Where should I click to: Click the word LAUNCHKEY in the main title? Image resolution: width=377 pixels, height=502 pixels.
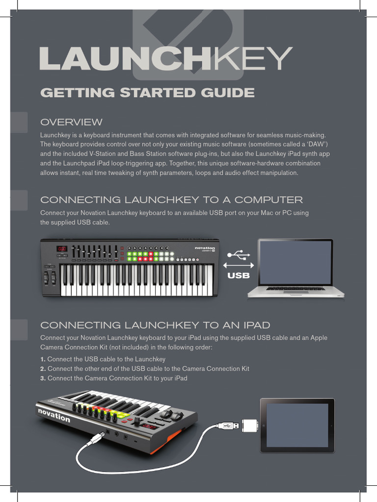coord(166,58)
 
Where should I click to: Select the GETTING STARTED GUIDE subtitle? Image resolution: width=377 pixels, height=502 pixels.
coord(147,93)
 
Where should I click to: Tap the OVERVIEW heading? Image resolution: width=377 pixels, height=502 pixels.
coord(72,122)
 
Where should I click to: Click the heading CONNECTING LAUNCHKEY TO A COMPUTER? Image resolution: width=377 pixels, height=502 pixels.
coord(171,200)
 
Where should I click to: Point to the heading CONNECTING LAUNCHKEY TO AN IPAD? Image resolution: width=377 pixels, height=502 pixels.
coord(155,325)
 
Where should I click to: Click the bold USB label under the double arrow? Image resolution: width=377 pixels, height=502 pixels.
coord(239,276)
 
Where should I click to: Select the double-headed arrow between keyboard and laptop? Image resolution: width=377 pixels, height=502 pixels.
coord(239,265)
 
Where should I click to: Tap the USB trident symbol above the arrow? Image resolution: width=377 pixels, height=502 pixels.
coord(239,255)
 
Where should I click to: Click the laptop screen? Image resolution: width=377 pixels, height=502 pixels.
coord(295,263)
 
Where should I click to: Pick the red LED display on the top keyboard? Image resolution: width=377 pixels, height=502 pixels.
coord(62,249)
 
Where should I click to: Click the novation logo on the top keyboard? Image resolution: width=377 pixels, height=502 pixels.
coord(205,248)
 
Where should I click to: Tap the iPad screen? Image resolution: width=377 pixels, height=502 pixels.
coord(297,425)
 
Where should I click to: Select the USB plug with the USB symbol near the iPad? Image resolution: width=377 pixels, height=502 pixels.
coord(227,426)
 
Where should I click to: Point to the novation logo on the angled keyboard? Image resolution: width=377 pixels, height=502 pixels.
coord(54,415)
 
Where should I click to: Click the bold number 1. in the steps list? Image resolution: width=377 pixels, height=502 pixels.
coord(43,359)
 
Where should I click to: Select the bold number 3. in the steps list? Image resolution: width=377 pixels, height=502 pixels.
coord(43,378)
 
